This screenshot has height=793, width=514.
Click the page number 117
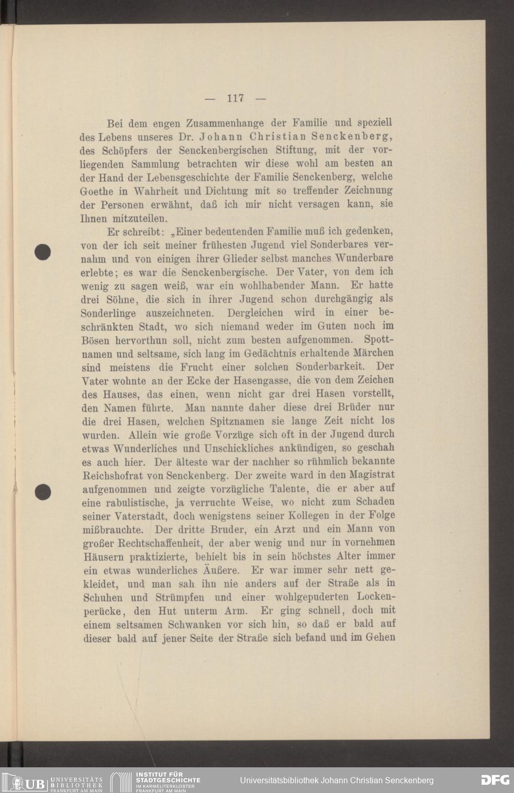(x=235, y=98)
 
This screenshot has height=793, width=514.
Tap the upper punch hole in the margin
(x=43, y=252)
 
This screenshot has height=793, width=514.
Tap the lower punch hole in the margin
(x=43, y=492)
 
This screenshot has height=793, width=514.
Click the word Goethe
(x=97, y=191)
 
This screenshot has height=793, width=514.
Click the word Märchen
(x=374, y=353)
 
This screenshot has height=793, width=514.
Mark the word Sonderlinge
(x=108, y=313)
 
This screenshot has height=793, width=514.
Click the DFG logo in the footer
(x=495, y=780)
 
